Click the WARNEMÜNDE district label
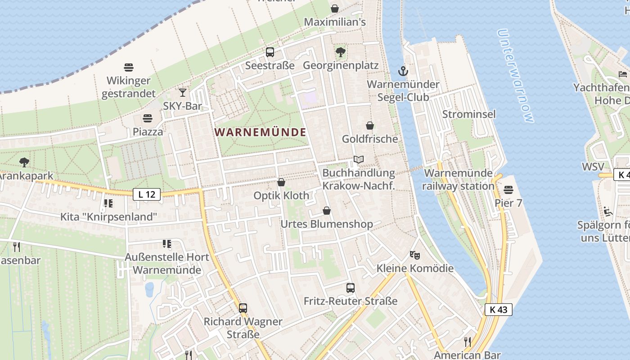point(261,132)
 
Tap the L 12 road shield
point(147,194)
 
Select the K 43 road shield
point(499,310)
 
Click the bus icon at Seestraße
point(270,52)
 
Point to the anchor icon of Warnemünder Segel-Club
point(403,71)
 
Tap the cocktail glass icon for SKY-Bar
point(182,93)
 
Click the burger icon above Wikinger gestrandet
point(129,67)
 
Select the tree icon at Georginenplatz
point(341,52)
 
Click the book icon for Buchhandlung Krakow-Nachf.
point(359,160)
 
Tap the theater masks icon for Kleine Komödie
point(415,255)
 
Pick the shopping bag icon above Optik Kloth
point(281,182)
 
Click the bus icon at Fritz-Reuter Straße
point(351,288)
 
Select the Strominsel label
point(469,114)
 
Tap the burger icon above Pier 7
point(508,190)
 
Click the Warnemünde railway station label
point(459,180)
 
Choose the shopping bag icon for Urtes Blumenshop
point(327,211)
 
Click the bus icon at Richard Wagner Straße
point(243,308)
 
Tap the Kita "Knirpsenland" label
point(109,217)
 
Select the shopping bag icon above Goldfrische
point(370,126)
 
